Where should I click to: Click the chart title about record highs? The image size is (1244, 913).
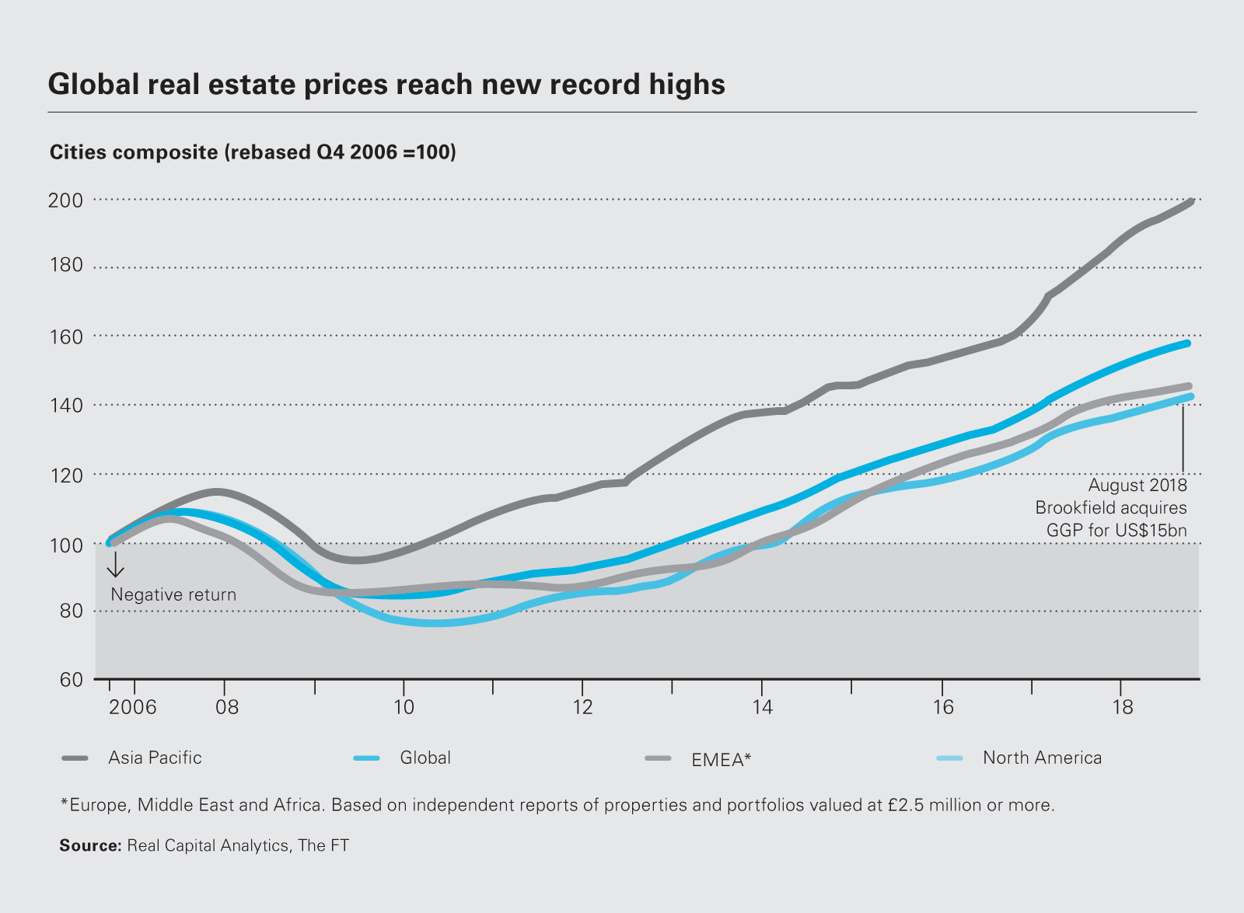tap(386, 84)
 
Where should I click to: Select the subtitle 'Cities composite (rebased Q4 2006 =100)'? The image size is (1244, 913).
tap(253, 152)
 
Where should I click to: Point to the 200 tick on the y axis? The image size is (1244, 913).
tap(65, 200)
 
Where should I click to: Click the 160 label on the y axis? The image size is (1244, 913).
tap(65, 336)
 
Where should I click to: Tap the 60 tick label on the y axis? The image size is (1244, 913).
tap(70, 679)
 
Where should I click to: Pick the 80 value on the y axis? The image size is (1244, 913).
tap(70, 611)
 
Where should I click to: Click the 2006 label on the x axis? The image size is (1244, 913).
tap(132, 707)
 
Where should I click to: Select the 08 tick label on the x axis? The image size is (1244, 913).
tap(227, 707)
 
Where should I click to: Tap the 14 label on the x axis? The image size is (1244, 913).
tap(762, 707)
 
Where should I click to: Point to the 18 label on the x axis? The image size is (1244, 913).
tap(1122, 707)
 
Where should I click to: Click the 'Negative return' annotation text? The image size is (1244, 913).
tap(173, 594)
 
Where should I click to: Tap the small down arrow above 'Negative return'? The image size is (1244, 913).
tap(115, 566)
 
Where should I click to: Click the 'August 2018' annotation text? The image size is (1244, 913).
tap(1137, 486)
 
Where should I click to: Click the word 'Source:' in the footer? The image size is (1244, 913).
tap(90, 845)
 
